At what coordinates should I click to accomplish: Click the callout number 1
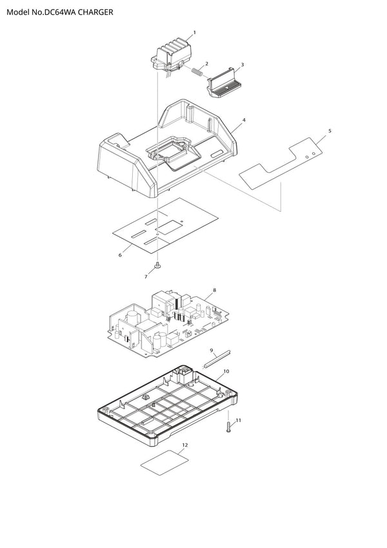(195, 32)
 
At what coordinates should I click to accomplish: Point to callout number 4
(244, 120)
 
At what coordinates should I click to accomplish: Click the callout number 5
(330, 131)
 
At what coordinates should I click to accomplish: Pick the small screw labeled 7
(157, 267)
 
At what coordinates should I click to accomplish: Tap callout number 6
(120, 255)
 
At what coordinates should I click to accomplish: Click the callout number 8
(214, 290)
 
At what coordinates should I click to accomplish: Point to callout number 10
(226, 371)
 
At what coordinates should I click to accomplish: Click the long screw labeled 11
(228, 427)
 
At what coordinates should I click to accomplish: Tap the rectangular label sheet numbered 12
(164, 462)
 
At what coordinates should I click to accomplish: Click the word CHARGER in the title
(95, 12)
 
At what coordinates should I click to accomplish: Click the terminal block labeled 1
(172, 57)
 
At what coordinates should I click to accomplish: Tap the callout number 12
(185, 445)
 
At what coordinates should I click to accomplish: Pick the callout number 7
(146, 277)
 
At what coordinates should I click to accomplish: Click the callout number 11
(239, 420)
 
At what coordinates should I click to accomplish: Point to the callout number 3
(243, 65)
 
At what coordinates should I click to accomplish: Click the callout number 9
(212, 350)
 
